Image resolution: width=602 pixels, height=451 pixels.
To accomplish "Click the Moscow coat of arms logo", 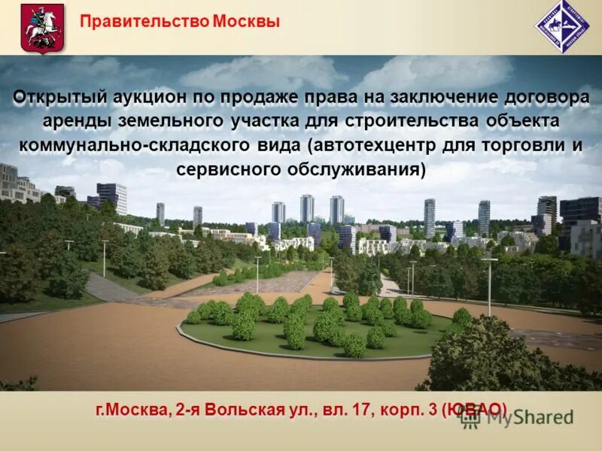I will click(42, 27).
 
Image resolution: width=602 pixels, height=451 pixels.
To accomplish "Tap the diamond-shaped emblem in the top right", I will click(562, 26).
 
